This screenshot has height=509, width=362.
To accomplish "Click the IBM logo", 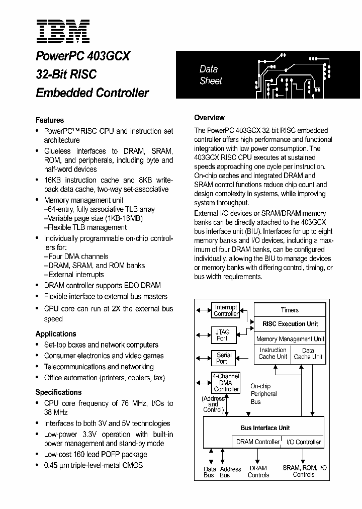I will [x=63, y=31].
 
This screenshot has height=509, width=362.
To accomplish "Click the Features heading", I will [x=50, y=120].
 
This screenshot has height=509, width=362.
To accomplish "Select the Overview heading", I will [x=209, y=118].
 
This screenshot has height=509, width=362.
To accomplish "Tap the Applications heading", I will [x=56, y=333].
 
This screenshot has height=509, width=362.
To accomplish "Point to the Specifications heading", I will [x=58, y=392].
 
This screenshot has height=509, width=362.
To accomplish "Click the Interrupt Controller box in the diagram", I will [x=226, y=310].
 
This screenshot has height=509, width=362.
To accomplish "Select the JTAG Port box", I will [x=222, y=335].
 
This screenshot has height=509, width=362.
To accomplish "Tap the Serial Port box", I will [x=224, y=358].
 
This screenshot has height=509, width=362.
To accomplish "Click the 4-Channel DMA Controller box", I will [x=226, y=383].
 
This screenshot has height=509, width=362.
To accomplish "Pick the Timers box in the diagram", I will [x=290, y=310].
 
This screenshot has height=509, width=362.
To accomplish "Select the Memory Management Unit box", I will [x=290, y=339].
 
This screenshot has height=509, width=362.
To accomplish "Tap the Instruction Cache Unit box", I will [x=273, y=354].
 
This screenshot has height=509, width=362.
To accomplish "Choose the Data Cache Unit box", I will [x=308, y=354].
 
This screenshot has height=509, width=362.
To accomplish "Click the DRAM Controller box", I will [x=258, y=442].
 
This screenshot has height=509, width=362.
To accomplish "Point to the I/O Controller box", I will [x=304, y=442].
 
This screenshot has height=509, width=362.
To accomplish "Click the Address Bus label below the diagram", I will [x=231, y=472].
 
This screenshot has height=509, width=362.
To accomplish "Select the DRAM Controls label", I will [x=258, y=471].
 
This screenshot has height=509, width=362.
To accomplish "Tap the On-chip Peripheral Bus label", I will [x=263, y=394].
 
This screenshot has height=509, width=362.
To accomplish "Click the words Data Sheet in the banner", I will [x=210, y=75].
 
